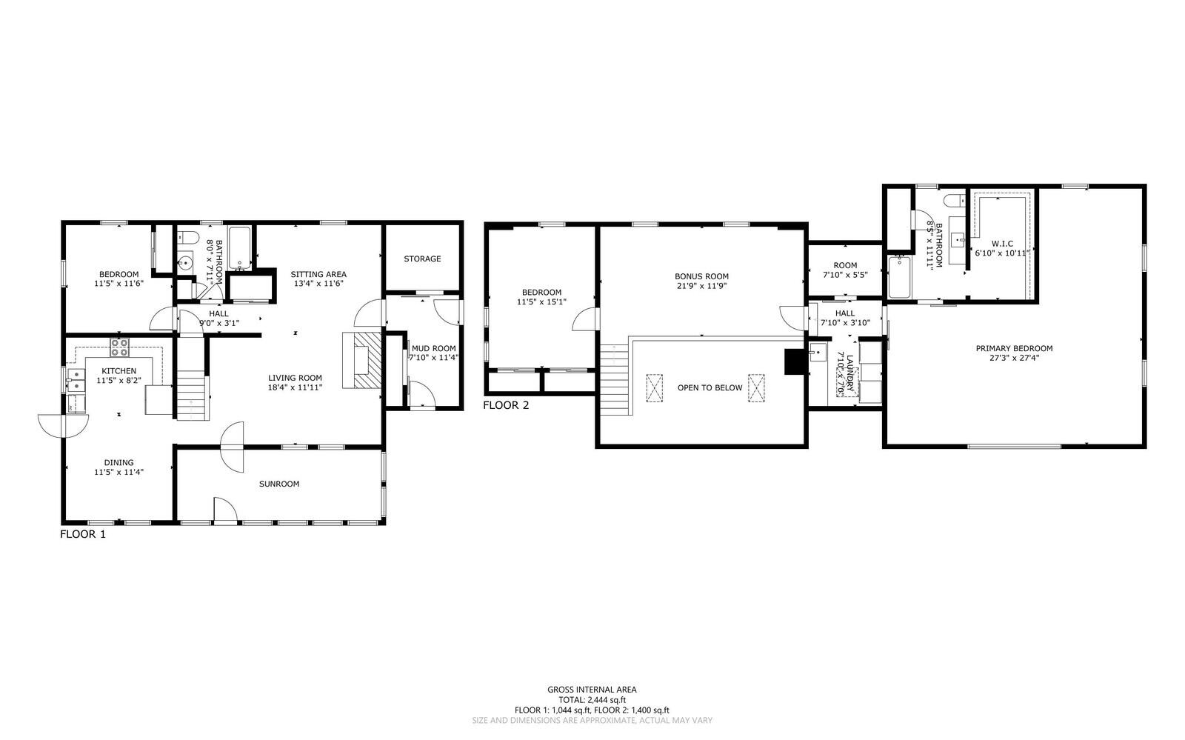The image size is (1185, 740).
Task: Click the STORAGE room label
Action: coord(422,259)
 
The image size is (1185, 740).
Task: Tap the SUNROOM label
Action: coord(279,484)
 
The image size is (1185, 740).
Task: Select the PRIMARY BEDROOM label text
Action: coord(1013,349)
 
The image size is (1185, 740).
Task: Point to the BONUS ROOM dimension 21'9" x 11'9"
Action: coord(702,286)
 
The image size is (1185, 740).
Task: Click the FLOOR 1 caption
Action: coord(83,534)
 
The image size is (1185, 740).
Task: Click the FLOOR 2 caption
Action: coord(506,406)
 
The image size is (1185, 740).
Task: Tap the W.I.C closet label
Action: coord(992,243)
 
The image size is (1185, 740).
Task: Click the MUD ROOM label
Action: coord(434,348)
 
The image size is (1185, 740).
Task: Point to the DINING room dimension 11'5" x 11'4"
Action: coord(118,472)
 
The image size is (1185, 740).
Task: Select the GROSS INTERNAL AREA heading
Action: coord(592,690)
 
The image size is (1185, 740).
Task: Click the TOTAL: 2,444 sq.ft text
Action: coord(592,699)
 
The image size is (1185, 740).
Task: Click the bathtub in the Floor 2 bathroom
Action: coord(899,277)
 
